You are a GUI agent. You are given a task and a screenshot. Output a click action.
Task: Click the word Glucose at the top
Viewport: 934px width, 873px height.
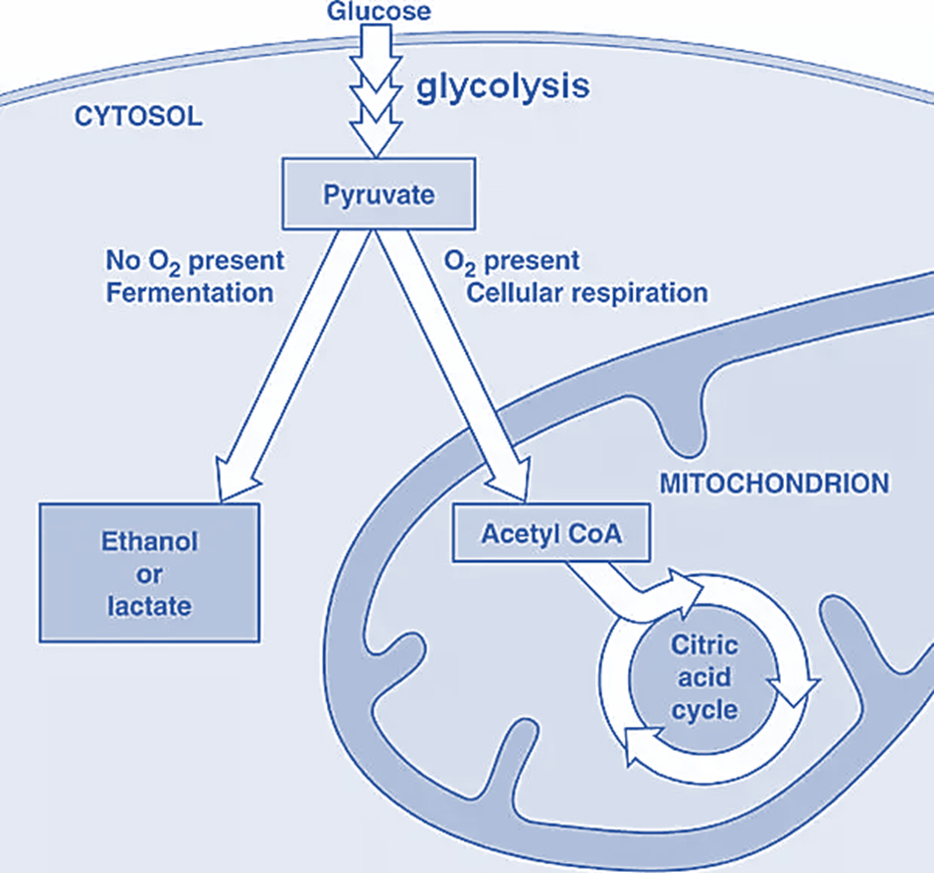coord(379,12)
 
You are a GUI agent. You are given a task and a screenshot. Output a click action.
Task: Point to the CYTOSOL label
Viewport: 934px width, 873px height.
coord(139,116)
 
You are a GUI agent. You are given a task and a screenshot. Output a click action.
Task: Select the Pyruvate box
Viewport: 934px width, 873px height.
coord(379,195)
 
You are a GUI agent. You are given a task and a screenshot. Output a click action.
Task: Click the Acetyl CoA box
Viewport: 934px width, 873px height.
coord(551,534)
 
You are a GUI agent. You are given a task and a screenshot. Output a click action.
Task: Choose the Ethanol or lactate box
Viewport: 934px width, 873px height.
coord(150,573)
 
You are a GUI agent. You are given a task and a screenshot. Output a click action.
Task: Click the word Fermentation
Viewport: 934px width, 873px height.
coord(190,293)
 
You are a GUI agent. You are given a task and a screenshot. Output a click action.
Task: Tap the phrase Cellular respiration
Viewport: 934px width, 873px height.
coord(586,293)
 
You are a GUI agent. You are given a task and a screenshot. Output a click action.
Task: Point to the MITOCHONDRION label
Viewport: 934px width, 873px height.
coord(774,484)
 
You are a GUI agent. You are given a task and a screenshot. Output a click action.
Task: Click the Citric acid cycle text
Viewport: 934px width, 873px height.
coord(704,678)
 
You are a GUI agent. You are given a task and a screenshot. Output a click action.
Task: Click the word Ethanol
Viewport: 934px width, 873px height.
coord(150,542)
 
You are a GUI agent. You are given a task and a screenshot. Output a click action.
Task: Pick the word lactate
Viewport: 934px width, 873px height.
coord(150,605)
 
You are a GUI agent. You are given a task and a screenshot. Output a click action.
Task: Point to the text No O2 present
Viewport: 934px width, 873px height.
coord(195,261)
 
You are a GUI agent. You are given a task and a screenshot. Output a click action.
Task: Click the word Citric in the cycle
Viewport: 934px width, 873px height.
coord(704,647)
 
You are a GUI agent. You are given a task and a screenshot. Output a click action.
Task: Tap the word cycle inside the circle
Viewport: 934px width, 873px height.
coord(704,710)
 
